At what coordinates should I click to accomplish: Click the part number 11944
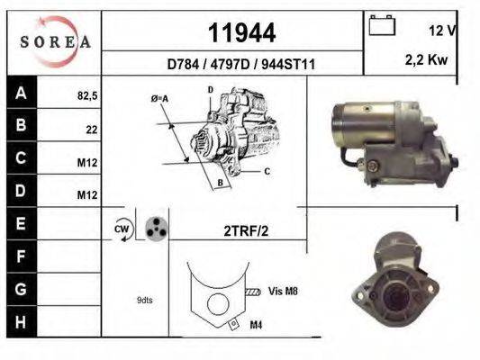pos(241,33)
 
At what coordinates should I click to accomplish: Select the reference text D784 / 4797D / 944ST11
pos(240,65)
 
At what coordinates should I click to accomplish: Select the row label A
pos(21,92)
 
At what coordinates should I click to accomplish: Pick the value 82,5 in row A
pos(86,94)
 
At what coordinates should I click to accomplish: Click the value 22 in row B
pos(91,129)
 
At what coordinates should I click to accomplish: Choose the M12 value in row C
pos(88,163)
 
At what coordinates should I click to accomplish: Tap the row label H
pos(21,320)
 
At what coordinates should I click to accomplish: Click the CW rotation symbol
pos(122,229)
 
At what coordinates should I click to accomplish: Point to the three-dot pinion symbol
pos(155,229)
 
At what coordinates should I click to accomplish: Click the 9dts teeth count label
pos(145,299)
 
